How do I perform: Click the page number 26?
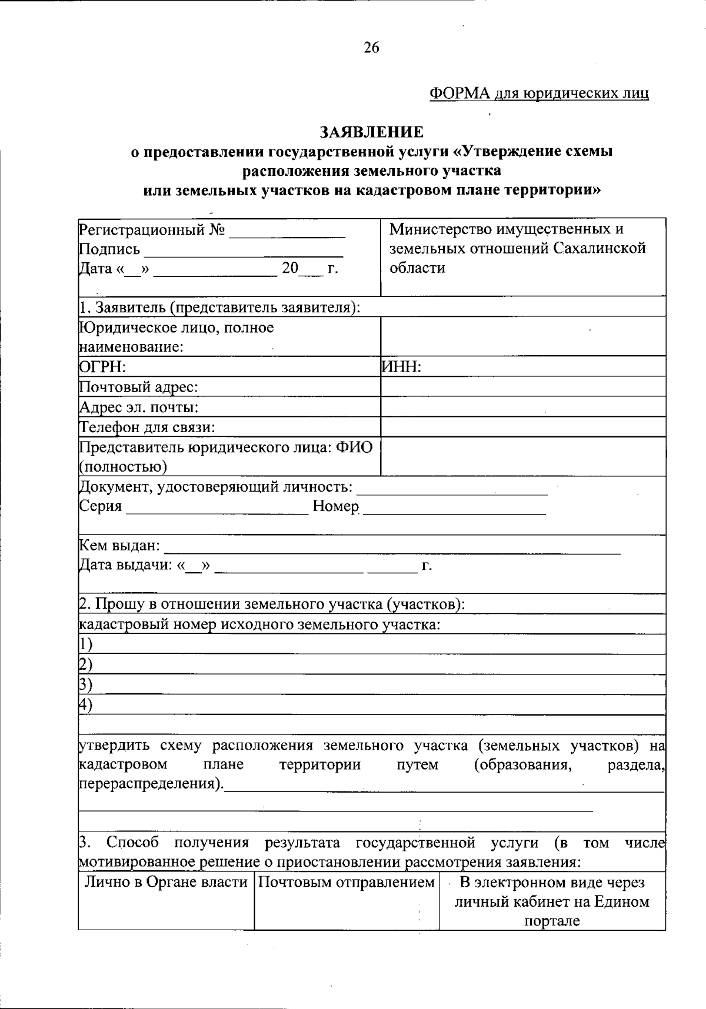coord(371,48)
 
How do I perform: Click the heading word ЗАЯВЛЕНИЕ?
coord(371,132)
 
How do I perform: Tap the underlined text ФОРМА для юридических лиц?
coord(539,93)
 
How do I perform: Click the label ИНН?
coord(402,367)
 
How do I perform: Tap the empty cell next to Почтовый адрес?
coord(522,387)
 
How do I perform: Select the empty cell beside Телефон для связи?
coord(522,427)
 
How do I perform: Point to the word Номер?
coord(335,506)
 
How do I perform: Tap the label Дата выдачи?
coord(125,566)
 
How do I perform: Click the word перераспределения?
coord(150,784)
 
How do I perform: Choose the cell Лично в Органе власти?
coord(166,882)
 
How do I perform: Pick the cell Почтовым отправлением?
coord(347,882)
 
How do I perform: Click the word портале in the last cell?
coord(552,921)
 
